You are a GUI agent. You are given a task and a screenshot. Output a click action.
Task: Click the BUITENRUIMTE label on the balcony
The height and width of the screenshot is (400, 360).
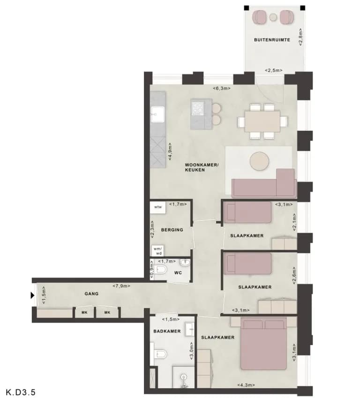[x=272, y=40]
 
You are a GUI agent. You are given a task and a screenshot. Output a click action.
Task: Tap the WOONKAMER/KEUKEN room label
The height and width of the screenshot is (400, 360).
[x=202, y=167]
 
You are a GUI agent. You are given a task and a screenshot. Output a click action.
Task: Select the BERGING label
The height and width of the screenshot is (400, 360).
[x=172, y=230]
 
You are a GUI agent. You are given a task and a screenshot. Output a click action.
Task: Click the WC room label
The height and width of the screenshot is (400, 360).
[x=178, y=273]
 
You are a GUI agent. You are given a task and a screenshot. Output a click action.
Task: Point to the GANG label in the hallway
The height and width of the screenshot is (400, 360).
[x=91, y=294]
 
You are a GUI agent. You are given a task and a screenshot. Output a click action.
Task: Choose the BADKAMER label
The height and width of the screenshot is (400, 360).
[x=167, y=331]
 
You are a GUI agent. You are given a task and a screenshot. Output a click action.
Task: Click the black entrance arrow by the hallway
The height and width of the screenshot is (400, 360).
[x=32, y=295]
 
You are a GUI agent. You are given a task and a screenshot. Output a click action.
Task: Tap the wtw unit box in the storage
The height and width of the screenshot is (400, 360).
[x=158, y=207]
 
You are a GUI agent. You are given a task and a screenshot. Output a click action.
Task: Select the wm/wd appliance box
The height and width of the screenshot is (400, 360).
[x=158, y=251]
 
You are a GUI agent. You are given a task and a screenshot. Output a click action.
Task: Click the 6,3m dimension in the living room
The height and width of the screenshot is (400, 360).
[x=222, y=88]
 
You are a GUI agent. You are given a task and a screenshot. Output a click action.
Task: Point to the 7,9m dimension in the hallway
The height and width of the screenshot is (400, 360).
[x=121, y=286]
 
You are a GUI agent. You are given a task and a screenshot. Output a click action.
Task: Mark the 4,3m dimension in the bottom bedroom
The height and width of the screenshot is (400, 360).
[x=246, y=385]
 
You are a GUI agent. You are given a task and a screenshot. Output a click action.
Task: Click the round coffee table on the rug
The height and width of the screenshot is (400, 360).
[x=259, y=161]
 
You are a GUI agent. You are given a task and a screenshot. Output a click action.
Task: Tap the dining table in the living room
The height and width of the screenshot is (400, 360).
[x=262, y=121]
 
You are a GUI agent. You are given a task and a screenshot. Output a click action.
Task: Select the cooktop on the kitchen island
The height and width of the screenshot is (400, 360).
[x=198, y=108]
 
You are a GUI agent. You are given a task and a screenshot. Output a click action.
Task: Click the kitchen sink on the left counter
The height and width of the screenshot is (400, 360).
[x=157, y=114]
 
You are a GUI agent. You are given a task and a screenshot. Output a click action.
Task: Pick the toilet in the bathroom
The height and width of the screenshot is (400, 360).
[x=160, y=354]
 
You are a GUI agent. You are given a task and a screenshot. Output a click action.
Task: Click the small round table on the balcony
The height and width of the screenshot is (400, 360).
[x=273, y=17]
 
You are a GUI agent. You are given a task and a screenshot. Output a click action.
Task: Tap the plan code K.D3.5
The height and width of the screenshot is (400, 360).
[x=21, y=392]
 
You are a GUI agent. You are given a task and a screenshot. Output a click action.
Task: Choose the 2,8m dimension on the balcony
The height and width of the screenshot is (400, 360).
[x=301, y=37]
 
